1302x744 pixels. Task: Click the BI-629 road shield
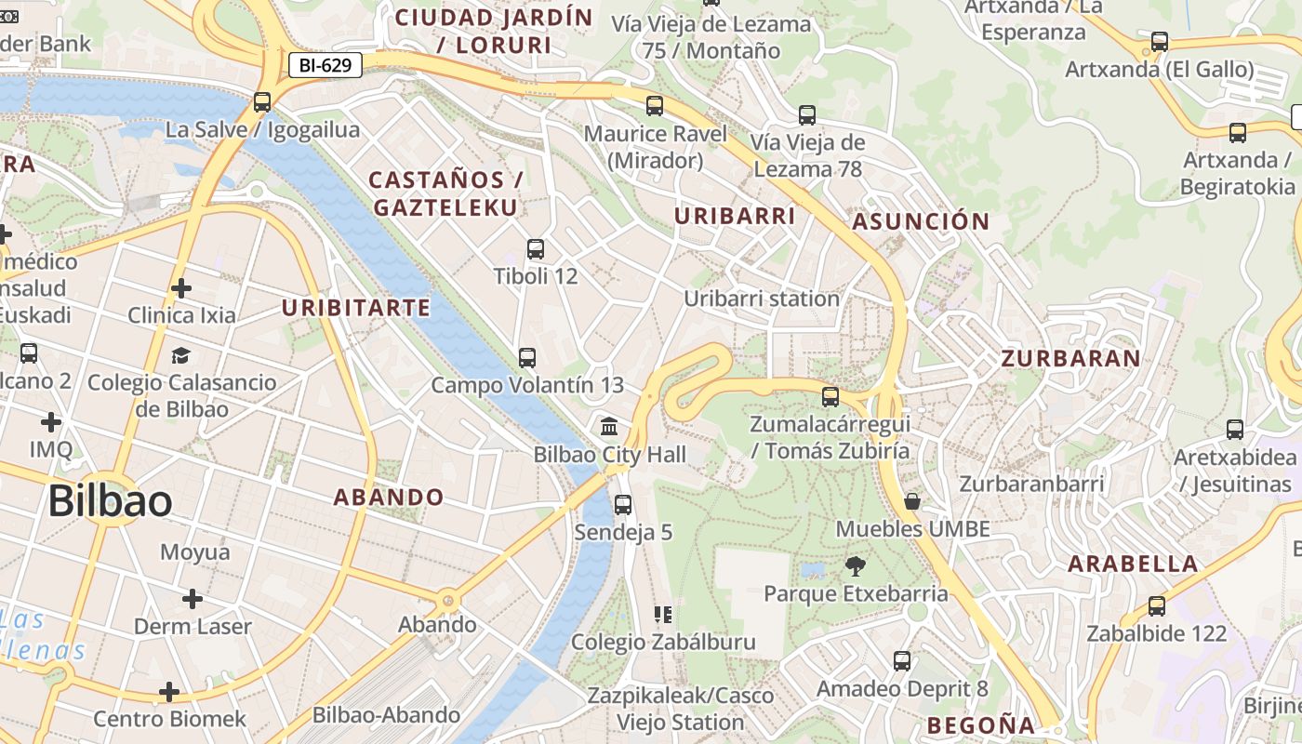tap(324, 65)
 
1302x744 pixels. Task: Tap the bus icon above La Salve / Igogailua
tap(262, 102)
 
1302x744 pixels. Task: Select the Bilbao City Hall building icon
tap(610, 427)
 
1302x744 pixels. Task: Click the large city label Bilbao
tap(110, 501)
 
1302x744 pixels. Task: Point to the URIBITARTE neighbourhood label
tap(356, 308)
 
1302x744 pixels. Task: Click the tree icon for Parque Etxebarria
tap(855, 565)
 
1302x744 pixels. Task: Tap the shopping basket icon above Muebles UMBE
tap(912, 502)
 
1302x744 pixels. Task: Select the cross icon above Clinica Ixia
tap(181, 288)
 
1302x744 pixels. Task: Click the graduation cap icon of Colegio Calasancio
tap(180, 355)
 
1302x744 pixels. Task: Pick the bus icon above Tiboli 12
tap(536, 249)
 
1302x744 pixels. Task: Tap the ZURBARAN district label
tap(1070, 359)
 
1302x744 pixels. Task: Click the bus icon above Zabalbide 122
tap(1157, 606)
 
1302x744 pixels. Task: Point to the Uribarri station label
tap(762, 299)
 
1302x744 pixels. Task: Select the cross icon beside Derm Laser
tap(193, 599)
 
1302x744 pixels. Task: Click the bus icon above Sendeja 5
tap(623, 505)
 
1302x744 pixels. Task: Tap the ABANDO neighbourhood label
tap(389, 497)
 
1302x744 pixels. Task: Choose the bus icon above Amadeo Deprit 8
tap(902, 661)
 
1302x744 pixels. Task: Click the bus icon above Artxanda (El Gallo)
tap(1160, 42)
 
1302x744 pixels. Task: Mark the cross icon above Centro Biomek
tap(169, 692)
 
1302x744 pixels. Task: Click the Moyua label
tap(195, 552)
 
